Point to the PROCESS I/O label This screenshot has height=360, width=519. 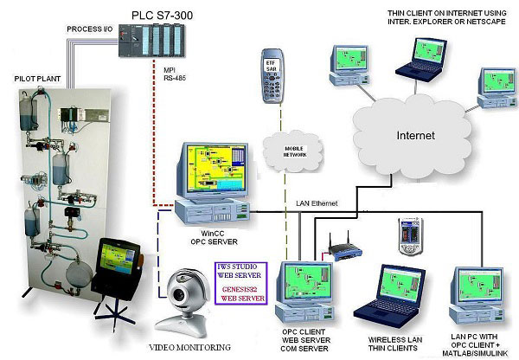[x=90, y=30]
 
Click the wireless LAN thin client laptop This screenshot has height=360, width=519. [x=389, y=294]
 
